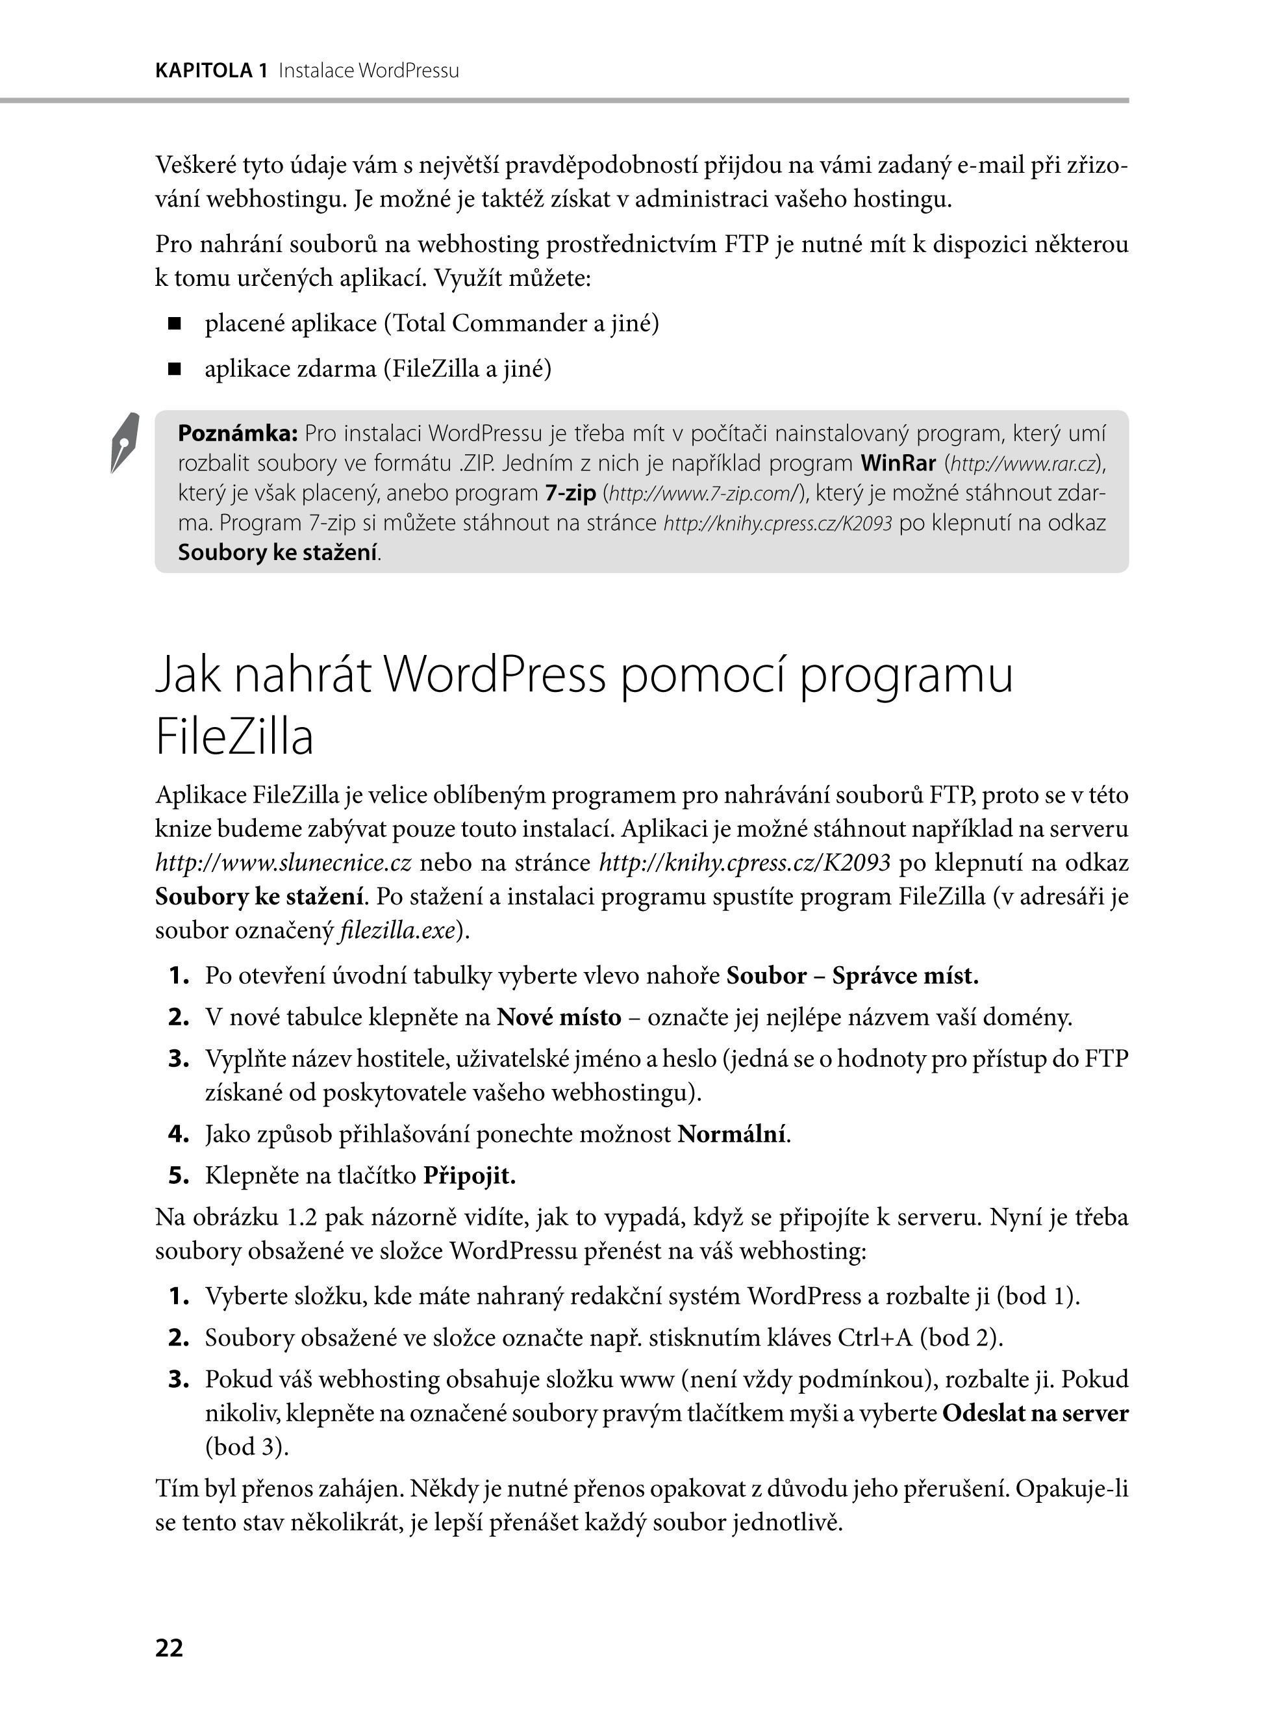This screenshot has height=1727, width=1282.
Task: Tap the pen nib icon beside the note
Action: point(125,442)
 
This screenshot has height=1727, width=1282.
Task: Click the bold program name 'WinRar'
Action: point(898,463)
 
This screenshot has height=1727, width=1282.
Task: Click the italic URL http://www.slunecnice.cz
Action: point(283,862)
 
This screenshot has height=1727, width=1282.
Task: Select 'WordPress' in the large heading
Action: point(494,674)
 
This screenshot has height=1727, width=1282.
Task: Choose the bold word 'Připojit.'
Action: point(470,1176)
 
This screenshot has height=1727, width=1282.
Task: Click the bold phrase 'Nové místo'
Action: point(559,1017)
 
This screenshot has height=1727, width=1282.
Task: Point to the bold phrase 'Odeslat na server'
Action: point(1035,1413)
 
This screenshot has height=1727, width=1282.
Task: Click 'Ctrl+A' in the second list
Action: point(877,1337)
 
